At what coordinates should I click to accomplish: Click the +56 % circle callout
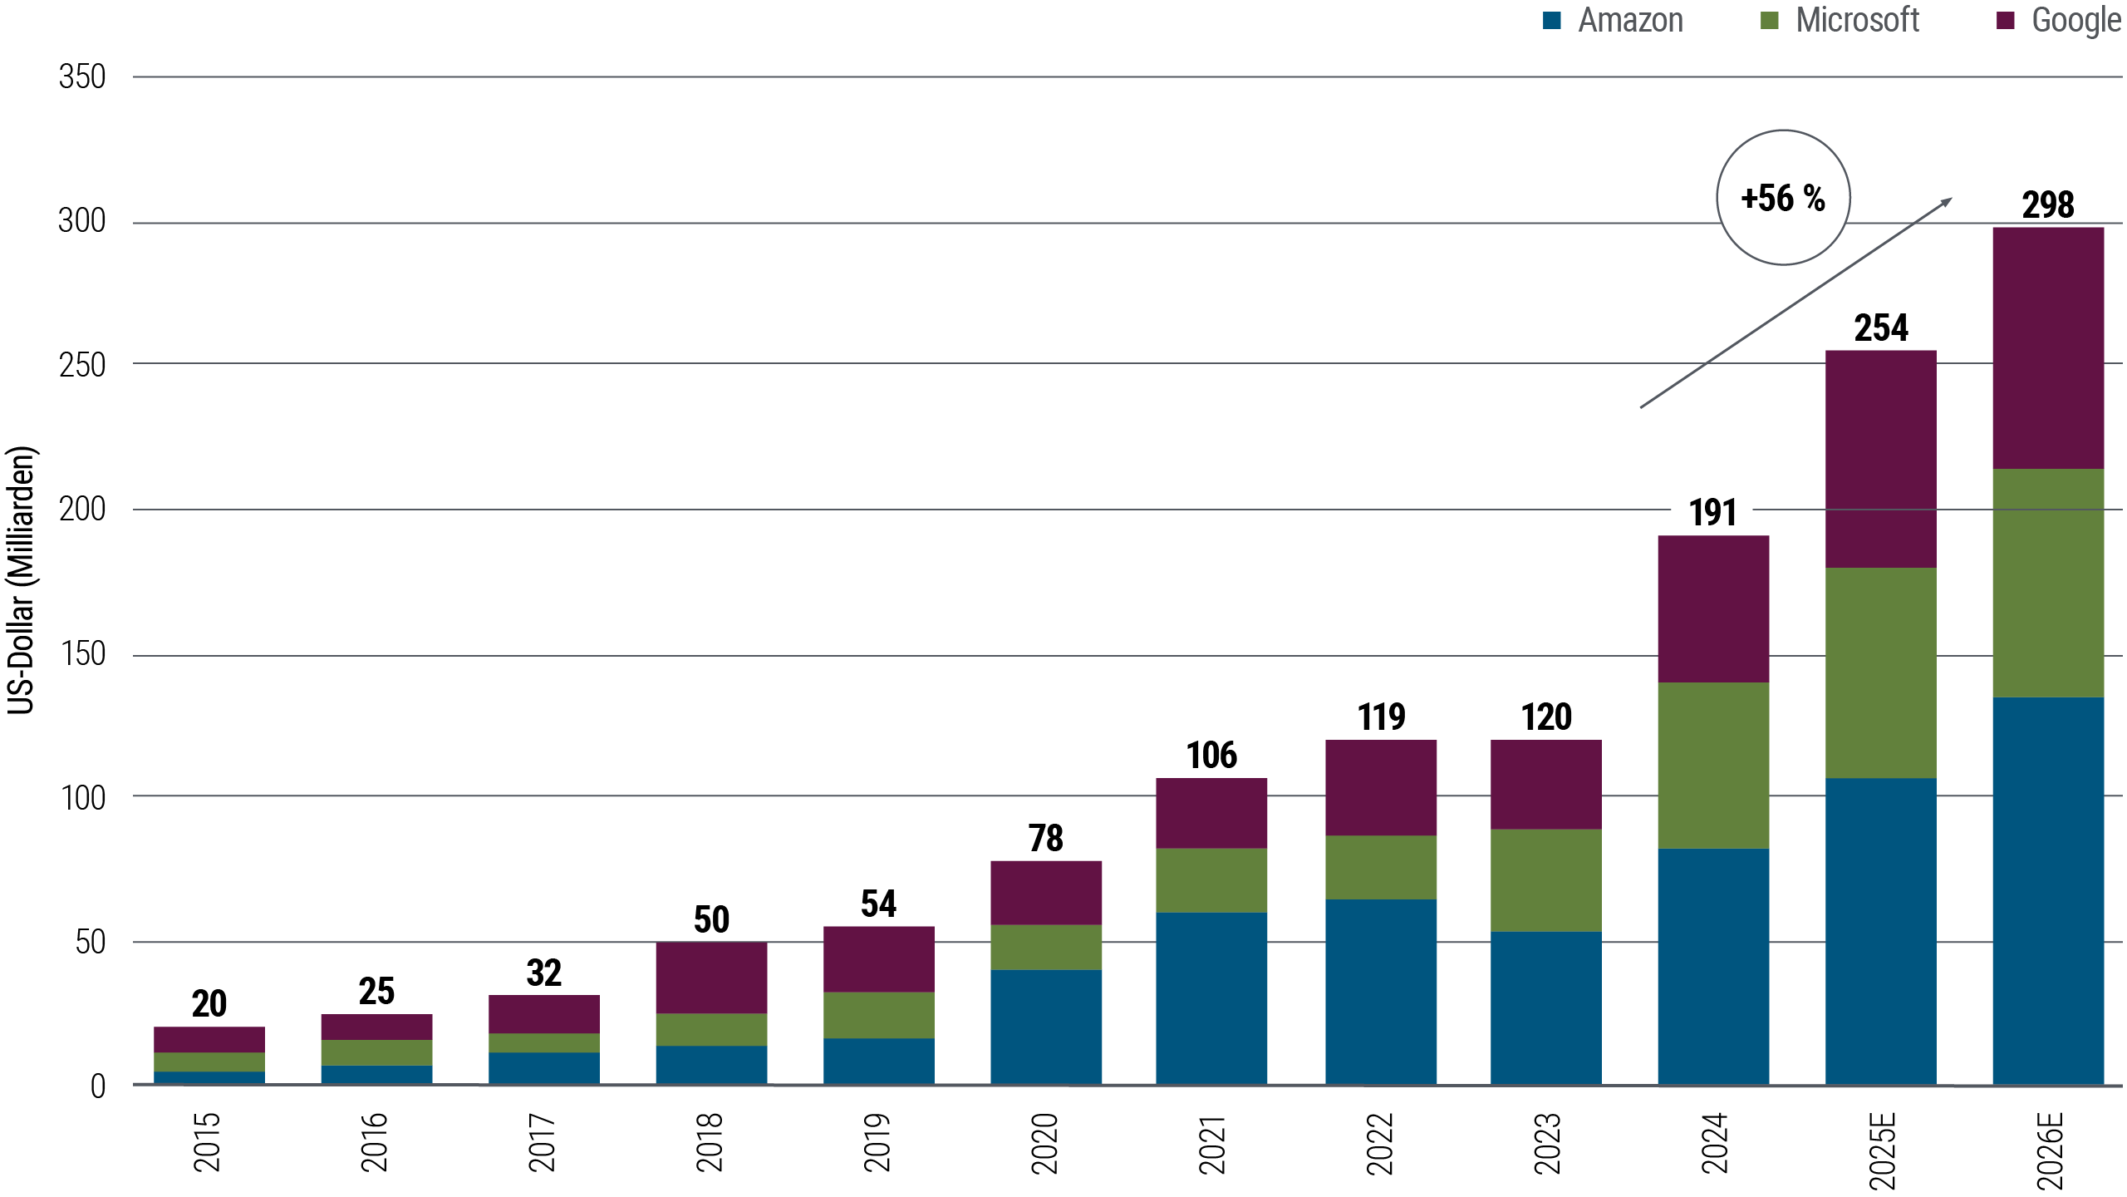[1783, 198]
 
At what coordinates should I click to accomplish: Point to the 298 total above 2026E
[2048, 205]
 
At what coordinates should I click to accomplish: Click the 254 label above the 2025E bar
[1881, 328]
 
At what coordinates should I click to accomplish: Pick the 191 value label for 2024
[1713, 513]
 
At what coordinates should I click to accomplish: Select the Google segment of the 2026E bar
[2048, 347]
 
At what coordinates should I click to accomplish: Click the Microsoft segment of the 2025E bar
[1881, 672]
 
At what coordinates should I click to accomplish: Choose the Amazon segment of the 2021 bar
[1211, 997]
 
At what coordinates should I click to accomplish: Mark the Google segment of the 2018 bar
[711, 978]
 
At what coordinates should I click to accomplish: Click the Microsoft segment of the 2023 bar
[1546, 880]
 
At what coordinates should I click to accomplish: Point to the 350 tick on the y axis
[82, 77]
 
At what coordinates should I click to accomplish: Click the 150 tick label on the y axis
[82, 655]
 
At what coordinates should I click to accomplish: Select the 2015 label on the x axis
[207, 1142]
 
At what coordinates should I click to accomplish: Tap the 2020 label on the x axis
[1044, 1142]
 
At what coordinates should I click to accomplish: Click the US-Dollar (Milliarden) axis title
[22, 580]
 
